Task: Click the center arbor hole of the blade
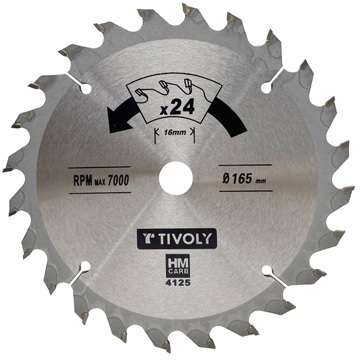point(176,178)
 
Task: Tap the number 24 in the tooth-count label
point(182,108)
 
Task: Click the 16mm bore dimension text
point(174,132)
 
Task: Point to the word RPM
point(83,180)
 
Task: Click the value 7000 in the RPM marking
point(118,180)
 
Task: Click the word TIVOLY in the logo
point(184,239)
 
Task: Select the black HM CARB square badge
point(178,265)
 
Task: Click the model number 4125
point(178,284)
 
